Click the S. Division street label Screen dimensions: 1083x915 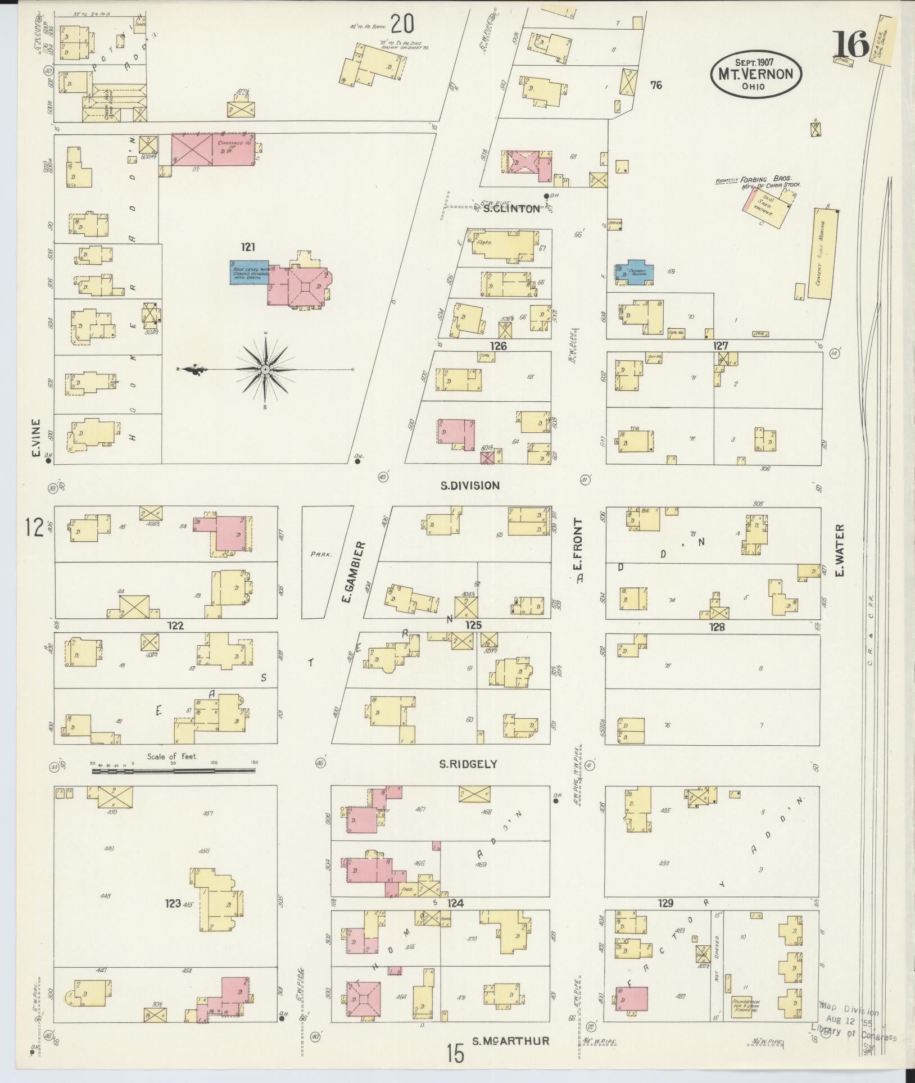click(470, 486)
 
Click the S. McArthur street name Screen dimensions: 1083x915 click(510, 1041)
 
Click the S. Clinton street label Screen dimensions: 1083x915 click(511, 209)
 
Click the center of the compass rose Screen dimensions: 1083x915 click(265, 369)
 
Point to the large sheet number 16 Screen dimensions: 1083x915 click(851, 44)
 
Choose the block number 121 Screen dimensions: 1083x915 click(248, 247)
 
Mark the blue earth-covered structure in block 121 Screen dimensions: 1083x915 click(250, 273)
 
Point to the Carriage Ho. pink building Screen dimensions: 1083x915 click(213, 149)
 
